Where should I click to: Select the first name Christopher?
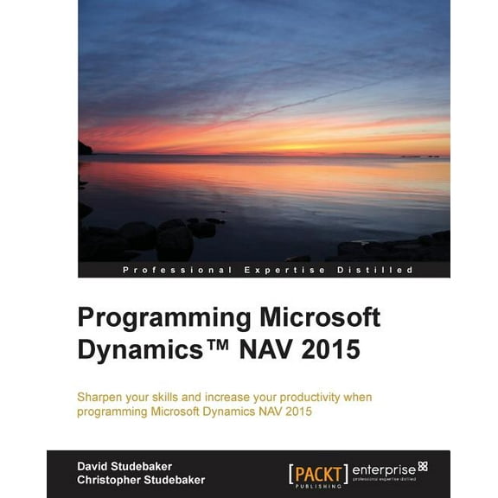(x=109, y=479)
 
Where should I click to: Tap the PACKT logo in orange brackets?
(x=317, y=471)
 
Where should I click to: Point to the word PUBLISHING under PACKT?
(x=317, y=486)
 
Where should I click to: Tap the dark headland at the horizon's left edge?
(x=85, y=148)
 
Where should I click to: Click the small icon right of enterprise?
(x=423, y=465)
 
